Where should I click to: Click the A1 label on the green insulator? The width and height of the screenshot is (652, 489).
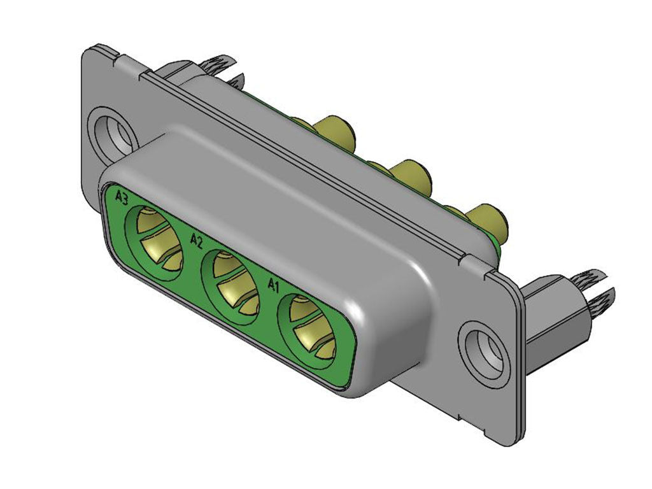(x=274, y=285)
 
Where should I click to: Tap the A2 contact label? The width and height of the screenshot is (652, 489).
(x=197, y=240)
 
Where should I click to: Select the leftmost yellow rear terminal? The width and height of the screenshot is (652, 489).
(x=336, y=131)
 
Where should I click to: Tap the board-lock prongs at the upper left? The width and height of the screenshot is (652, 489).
(x=220, y=69)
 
